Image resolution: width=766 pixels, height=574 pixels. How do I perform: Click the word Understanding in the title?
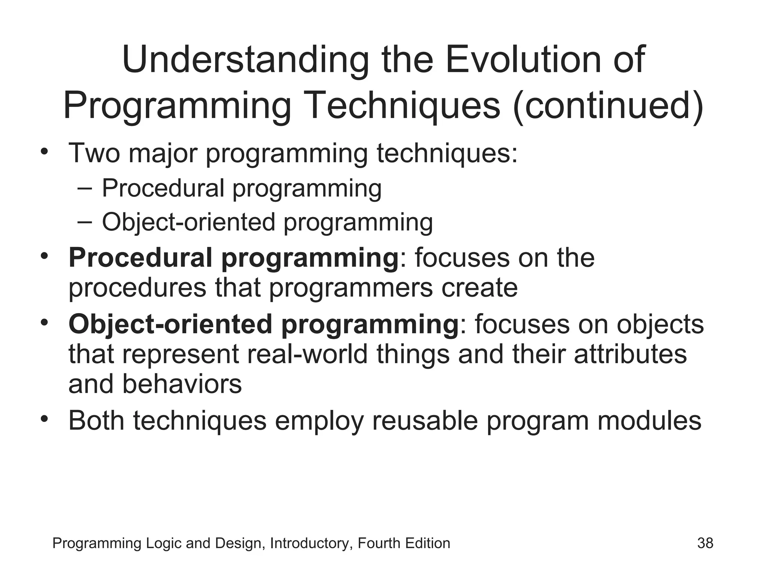(x=245, y=60)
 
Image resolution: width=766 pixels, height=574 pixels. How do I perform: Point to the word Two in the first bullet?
(x=94, y=153)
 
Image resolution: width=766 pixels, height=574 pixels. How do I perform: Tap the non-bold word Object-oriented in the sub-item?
(x=189, y=222)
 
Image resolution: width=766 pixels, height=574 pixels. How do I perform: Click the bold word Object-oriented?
(x=170, y=324)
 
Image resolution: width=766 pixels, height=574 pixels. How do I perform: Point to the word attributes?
(x=630, y=354)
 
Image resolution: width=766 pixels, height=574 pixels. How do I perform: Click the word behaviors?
(x=182, y=384)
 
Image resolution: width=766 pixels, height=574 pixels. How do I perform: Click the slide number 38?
(x=705, y=543)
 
